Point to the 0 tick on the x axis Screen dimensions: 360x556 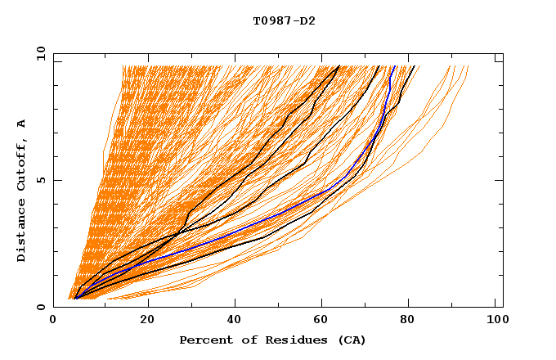[x=53, y=319]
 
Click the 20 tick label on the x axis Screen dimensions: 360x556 [x=147, y=319]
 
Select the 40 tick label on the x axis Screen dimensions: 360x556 [x=235, y=319]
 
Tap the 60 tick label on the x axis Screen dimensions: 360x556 [x=324, y=319]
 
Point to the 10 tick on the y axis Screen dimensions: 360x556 [x=40, y=53]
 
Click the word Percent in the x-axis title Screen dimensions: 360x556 [x=203, y=340]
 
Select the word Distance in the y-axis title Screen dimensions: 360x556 [x=22, y=232]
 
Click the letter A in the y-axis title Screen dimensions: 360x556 [x=22, y=123]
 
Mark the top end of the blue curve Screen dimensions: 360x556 [x=395, y=66]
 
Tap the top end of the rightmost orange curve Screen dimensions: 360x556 [x=468, y=66]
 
